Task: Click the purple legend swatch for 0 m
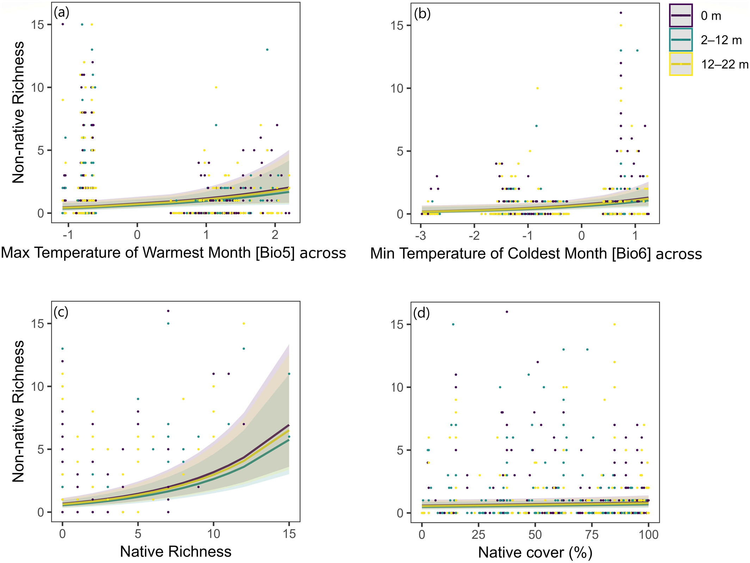pos(681,15)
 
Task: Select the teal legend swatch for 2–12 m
pos(681,40)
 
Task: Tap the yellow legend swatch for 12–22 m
pos(681,64)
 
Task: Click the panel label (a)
pos(61,13)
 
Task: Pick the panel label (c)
pos(61,312)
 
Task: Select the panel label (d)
pos(422,313)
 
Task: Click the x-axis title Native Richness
pos(176,551)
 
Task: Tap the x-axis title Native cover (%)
pos(535,552)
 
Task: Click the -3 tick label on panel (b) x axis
pos(420,235)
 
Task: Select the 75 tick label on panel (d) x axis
pos(592,535)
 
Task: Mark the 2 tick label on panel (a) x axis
pos(275,234)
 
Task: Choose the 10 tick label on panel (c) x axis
pos(213,534)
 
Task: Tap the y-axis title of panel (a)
pos(18,112)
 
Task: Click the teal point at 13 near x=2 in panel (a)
pos(267,50)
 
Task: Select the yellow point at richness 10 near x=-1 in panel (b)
pos(537,88)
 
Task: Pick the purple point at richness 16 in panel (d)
pos(507,312)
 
